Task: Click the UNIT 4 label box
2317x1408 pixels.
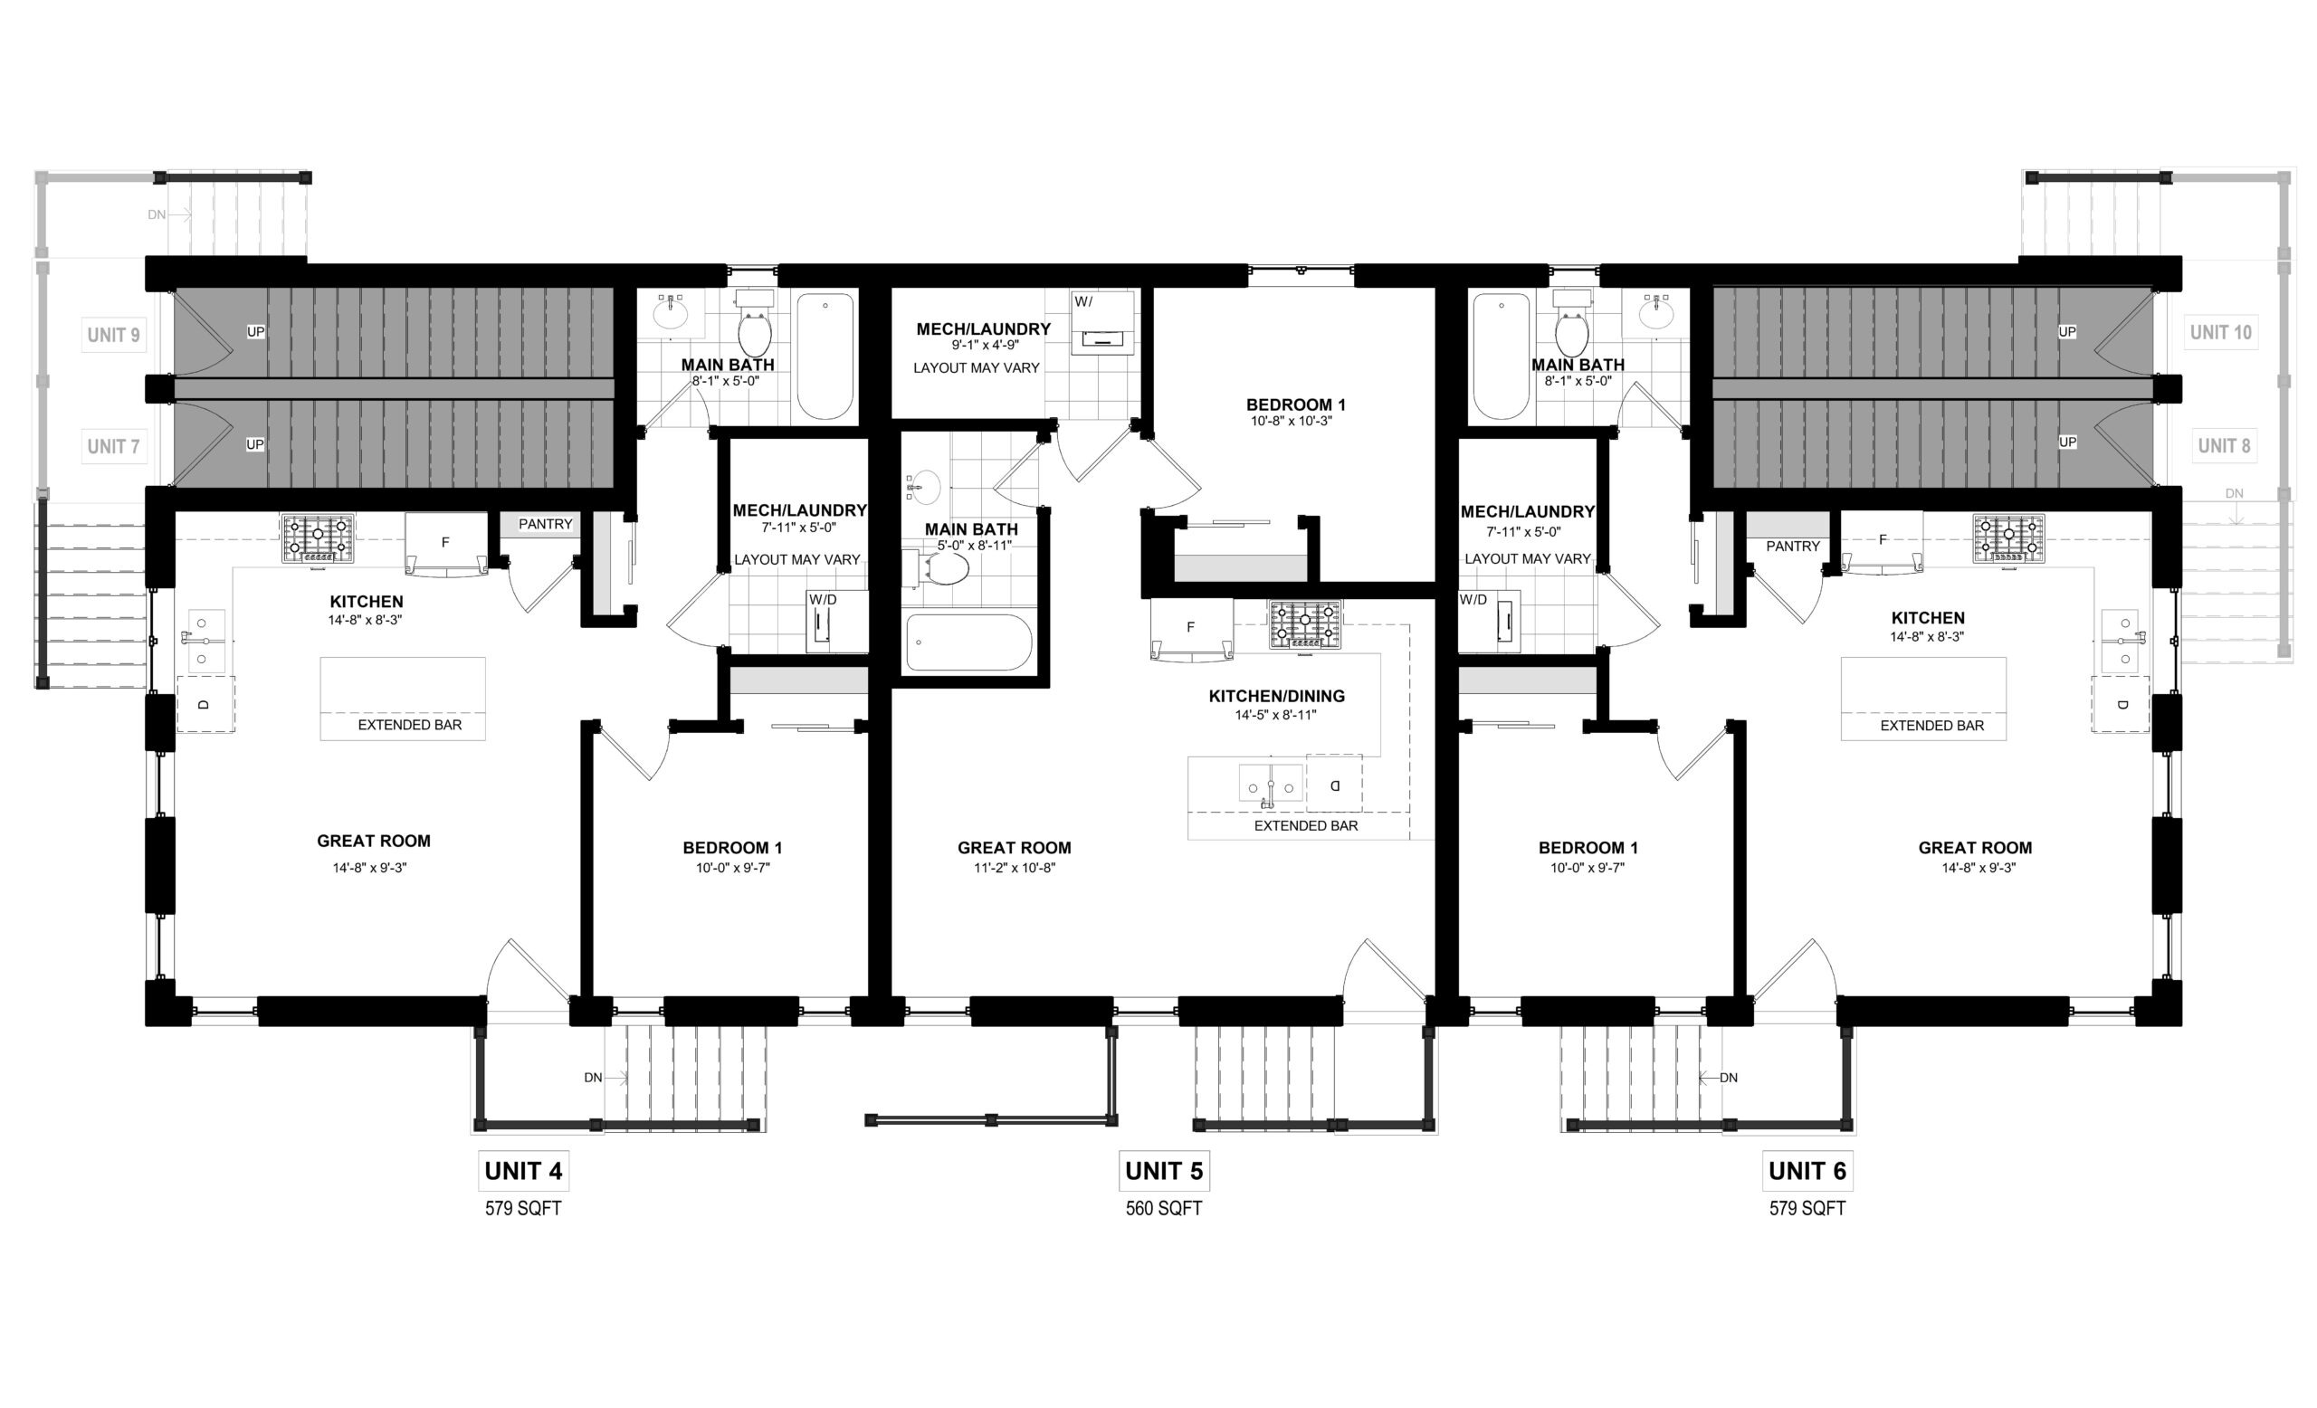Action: point(524,1171)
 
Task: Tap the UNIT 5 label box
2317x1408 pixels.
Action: point(1164,1171)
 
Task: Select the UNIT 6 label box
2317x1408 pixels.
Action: point(1807,1171)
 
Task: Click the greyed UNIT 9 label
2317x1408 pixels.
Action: point(114,335)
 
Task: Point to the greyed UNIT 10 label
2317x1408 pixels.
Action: point(2221,332)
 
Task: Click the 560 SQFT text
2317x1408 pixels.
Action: point(1164,1209)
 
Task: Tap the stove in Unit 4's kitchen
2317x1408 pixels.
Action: point(318,538)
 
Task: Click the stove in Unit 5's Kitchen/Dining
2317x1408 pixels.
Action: point(1305,625)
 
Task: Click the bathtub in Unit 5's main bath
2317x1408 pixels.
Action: point(968,642)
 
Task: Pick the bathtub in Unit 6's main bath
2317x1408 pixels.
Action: point(1501,357)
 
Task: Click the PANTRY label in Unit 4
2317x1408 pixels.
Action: point(546,525)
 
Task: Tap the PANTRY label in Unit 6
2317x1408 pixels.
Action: point(1792,546)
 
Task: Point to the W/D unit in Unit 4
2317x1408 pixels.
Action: point(824,621)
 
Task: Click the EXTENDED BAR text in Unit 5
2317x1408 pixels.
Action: point(1306,826)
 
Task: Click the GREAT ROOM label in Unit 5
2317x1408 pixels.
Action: point(1015,848)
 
